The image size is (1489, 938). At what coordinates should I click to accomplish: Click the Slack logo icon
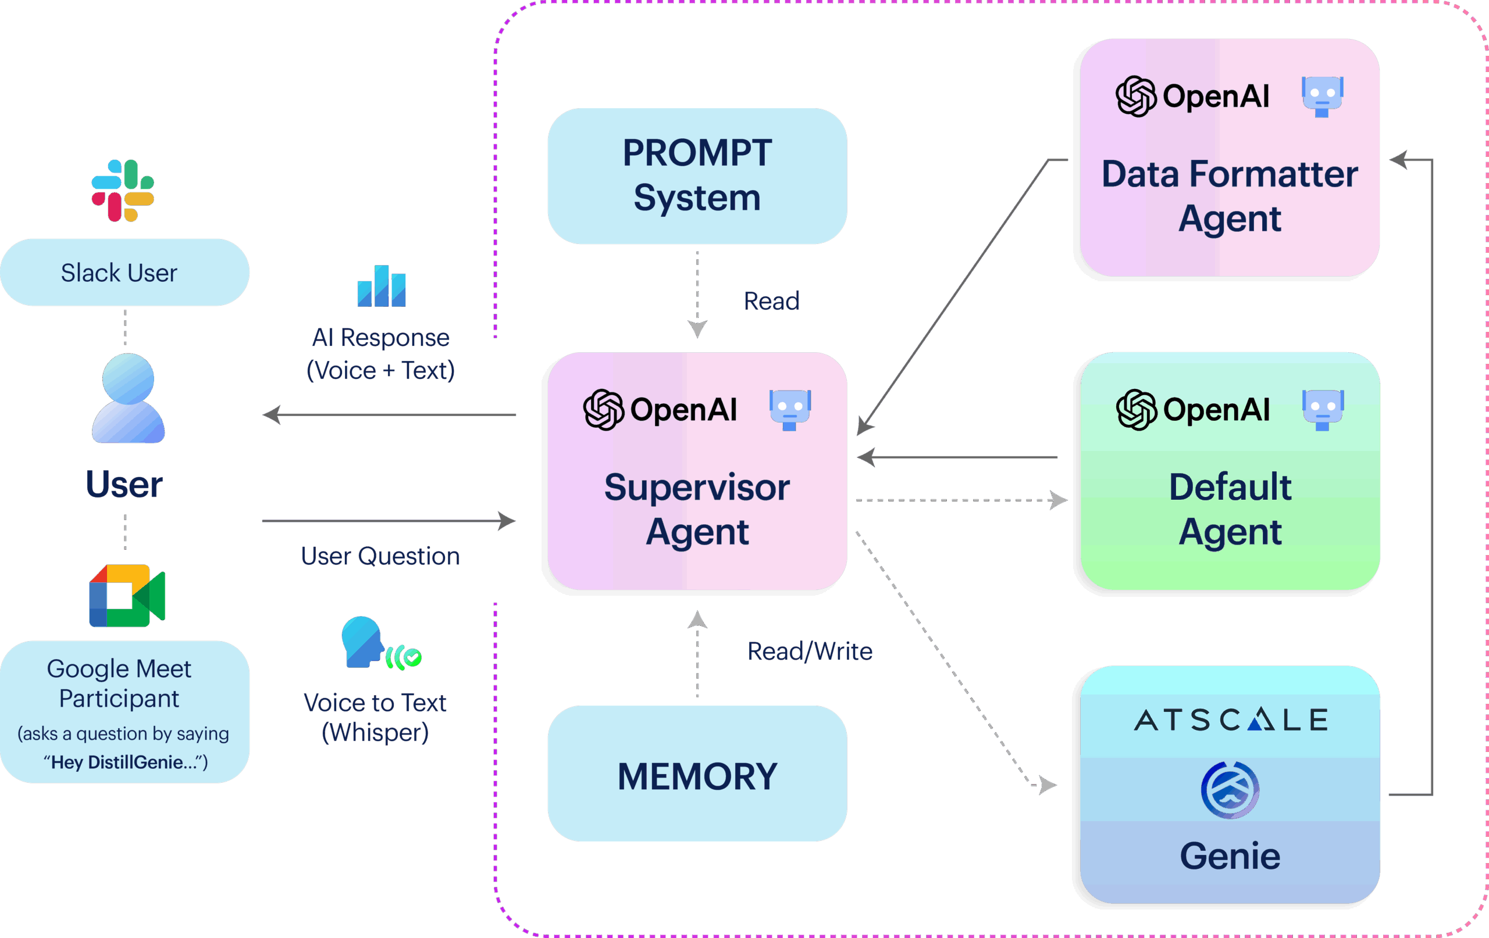pos(122,190)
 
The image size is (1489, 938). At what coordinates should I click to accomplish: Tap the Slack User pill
pos(124,273)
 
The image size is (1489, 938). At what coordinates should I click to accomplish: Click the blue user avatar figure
pos(128,398)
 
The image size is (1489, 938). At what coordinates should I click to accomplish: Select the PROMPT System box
pos(697,176)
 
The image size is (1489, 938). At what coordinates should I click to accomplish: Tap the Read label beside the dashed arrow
pos(771,301)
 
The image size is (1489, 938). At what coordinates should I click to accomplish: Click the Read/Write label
pos(810,651)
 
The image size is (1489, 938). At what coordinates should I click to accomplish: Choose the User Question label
pos(380,556)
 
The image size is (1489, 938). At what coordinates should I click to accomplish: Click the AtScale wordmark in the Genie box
pos(1230,720)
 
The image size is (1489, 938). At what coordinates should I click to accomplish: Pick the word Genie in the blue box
pos(1230,856)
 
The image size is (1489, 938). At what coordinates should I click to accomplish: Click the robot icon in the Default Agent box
pos(1322,409)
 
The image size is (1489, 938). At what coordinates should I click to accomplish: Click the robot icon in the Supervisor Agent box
pos(790,409)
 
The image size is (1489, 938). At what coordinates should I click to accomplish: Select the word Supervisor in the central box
pos(697,488)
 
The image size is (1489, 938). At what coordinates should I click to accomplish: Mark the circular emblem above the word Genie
pos(1230,790)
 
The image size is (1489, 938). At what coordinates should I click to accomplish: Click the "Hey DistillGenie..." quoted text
pos(126,762)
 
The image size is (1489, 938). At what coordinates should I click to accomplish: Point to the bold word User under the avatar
pos(124,485)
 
